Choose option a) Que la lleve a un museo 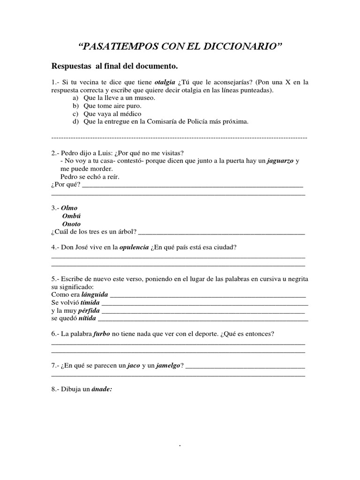tap(119, 98)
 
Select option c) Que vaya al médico tap(112, 114)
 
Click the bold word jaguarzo tap(280, 161)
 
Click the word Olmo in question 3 tap(70, 208)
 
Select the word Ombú tap(71, 216)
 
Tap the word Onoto tap(71, 224)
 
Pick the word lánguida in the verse tap(95, 294)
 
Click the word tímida tap(90, 302)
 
